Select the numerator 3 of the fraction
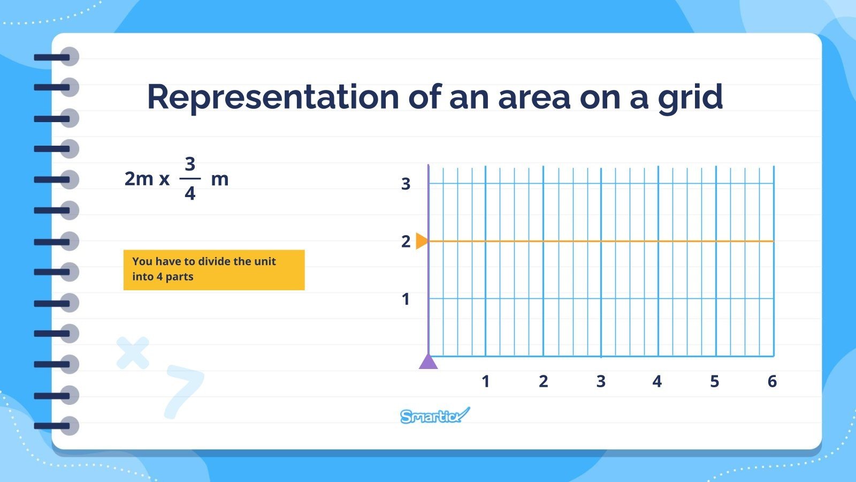click(x=190, y=163)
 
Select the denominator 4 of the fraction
click(x=190, y=193)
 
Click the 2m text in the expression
click(x=139, y=179)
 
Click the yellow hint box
click(x=214, y=270)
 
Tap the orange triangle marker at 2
click(x=422, y=241)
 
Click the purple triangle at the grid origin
click(x=428, y=363)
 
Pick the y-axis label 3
click(x=406, y=184)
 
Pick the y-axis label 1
click(x=406, y=299)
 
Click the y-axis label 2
click(x=406, y=242)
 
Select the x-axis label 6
click(x=772, y=381)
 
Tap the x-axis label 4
click(x=657, y=381)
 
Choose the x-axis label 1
click(x=486, y=381)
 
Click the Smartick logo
click(x=434, y=416)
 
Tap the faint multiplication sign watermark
click(x=133, y=352)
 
